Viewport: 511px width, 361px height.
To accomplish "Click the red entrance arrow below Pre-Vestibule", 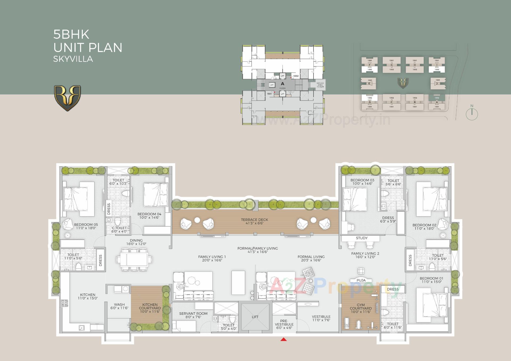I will [284, 339].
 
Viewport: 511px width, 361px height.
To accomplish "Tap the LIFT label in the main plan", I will [255, 317].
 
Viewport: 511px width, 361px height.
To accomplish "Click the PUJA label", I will [361, 280].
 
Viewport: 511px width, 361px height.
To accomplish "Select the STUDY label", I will [361, 238].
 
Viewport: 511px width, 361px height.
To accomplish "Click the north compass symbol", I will [472, 114].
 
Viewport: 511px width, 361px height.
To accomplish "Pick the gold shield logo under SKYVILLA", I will [67, 98].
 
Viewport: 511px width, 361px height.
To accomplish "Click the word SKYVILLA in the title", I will [73, 59].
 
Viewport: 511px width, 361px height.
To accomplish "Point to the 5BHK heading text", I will [71, 35].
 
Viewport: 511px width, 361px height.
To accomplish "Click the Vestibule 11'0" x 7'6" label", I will [321, 318].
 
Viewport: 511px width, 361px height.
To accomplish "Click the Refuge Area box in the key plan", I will [320, 85].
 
